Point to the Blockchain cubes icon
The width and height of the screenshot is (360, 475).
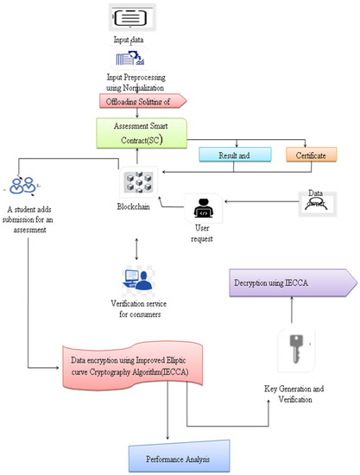(x=137, y=186)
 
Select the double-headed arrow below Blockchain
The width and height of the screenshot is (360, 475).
(x=137, y=244)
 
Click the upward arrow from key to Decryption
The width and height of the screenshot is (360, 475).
(x=291, y=312)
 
